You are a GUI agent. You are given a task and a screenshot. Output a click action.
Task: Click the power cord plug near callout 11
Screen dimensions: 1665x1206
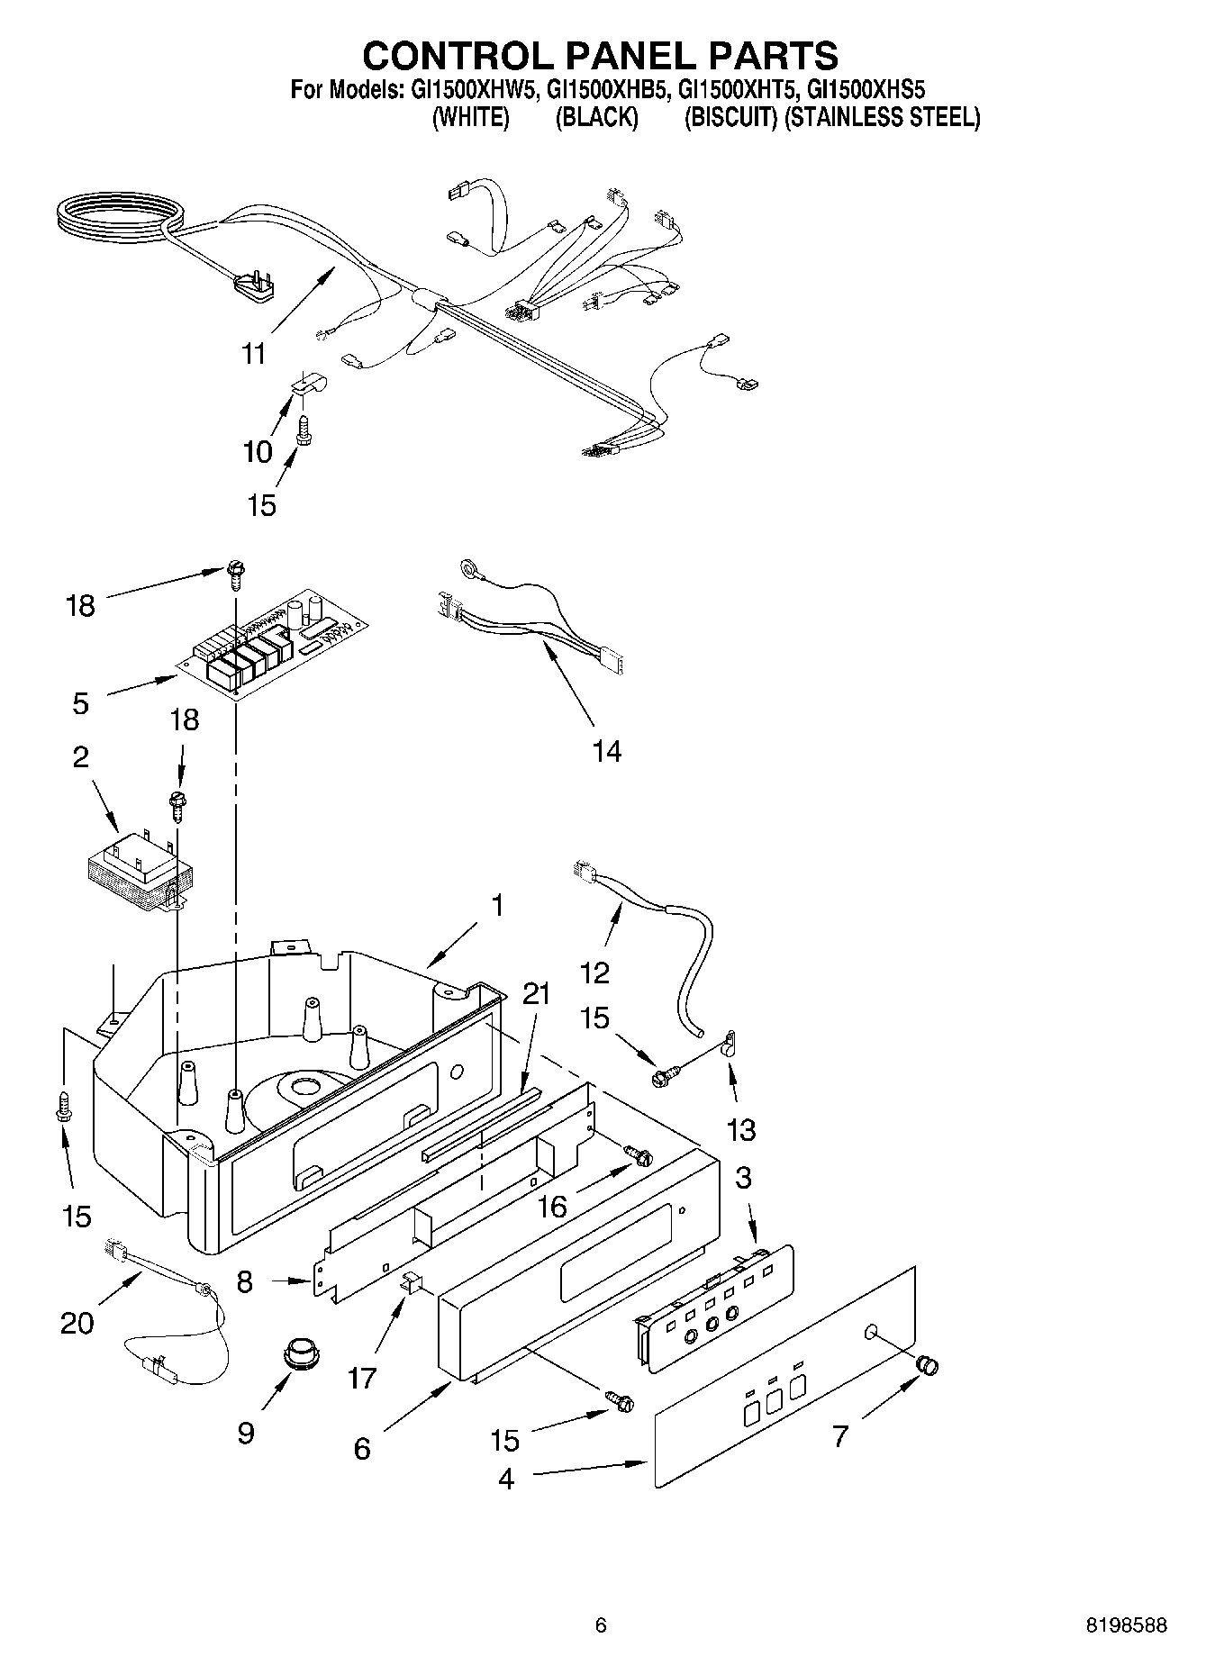click(x=252, y=289)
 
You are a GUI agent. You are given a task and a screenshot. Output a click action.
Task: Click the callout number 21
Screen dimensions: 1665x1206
click(x=536, y=994)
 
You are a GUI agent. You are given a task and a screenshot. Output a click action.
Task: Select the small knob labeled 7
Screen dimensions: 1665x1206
click(x=927, y=1365)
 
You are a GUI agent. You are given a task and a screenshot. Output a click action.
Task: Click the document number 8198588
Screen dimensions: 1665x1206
click(x=1125, y=1625)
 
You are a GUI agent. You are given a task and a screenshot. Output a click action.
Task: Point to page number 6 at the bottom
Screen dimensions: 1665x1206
click(x=601, y=1625)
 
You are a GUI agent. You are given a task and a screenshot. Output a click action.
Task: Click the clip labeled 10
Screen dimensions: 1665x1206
click(x=307, y=385)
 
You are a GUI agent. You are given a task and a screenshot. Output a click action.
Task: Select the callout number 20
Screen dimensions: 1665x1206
click(x=77, y=1323)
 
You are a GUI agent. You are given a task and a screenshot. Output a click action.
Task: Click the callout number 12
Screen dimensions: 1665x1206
click(x=595, y=972)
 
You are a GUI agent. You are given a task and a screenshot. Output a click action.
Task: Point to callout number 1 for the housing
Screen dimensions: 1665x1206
click(x=496, y=905)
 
